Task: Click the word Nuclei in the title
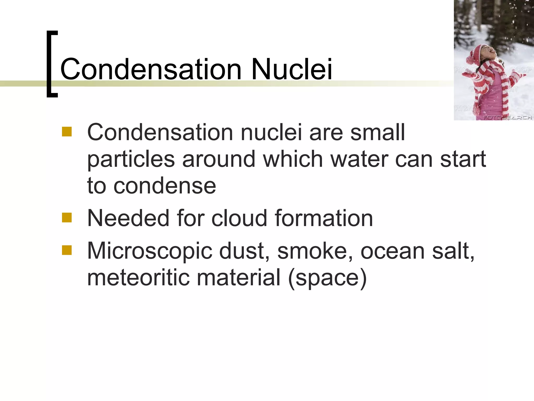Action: tap(292, 69)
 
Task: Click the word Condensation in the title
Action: tap(151, 69)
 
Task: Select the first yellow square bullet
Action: tap(67, 132)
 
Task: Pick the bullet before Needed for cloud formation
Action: tap(67, 217)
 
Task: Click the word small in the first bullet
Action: tap(377, 132)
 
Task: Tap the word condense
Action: tap(165, 186)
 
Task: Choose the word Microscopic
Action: tap(150, 251)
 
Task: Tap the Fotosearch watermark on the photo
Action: tap(507, 117)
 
